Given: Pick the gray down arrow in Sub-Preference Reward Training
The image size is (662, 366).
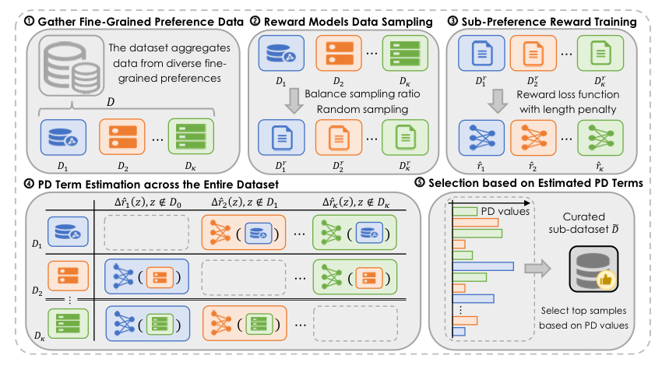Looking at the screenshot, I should point(481,102).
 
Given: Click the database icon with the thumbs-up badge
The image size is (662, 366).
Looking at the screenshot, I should point(593,269).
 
